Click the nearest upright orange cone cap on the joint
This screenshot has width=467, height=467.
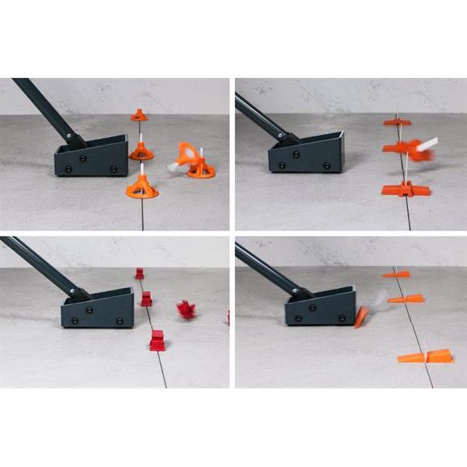coord(142,188)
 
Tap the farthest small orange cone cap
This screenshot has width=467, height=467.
coord(139,115)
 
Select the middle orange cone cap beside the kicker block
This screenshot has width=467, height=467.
coord(141,150)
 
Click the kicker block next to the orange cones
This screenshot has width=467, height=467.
coord(92,157)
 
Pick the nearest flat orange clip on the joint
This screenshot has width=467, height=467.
coord(405,189)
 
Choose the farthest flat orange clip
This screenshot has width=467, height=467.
coord(397,121)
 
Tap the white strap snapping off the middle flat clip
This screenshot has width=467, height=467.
coord(427,144)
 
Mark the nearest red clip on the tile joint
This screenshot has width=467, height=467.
coord(157,341)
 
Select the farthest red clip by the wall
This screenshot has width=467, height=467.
coord(139,274)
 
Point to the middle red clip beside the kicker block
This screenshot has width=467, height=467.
coord(146,299)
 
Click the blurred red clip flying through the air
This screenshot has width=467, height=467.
coord(185,310)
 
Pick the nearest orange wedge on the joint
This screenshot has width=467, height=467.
coord(427,356)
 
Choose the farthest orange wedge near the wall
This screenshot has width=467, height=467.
coord(397,274)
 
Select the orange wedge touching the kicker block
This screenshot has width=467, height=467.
coord(362,316)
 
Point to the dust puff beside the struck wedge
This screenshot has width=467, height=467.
coord(379,298)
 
